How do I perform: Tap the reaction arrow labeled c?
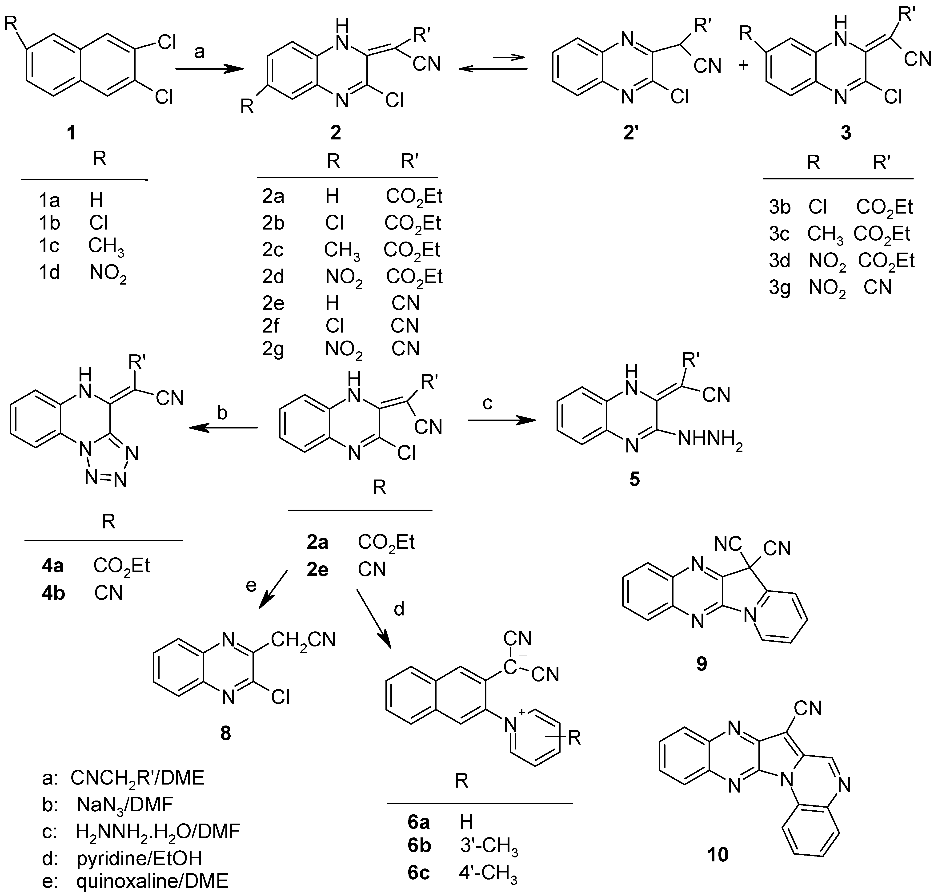coord(502,420)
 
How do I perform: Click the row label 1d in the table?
coord(49,273)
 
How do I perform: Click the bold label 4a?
coord(52,566)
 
